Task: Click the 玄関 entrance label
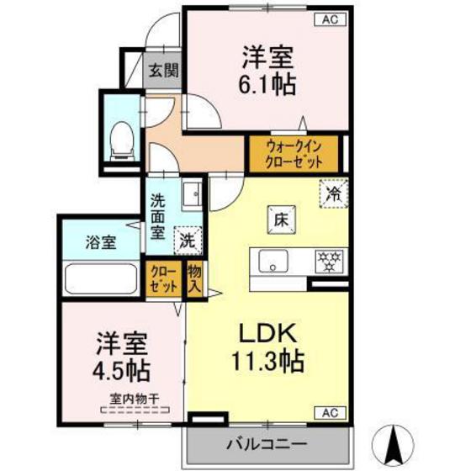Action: (164, 71)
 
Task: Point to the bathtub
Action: (102, 278)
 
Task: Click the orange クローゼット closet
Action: (163, 278)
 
